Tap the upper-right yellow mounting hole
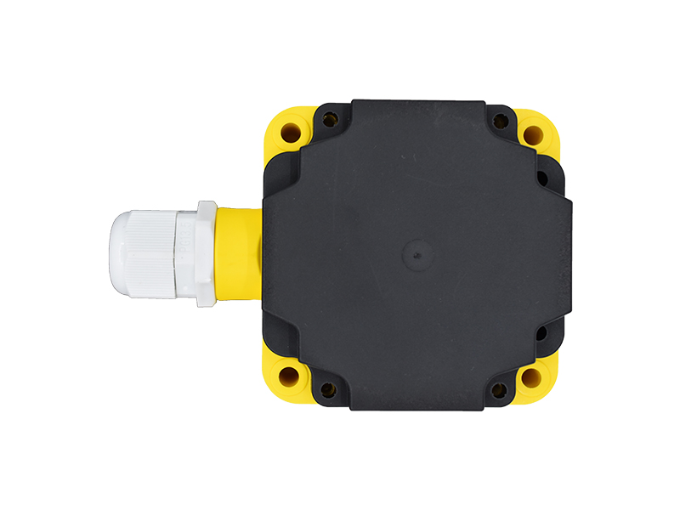(533, 134)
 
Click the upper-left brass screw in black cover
(329, 121)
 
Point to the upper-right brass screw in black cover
(501, 122)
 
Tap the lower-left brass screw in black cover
(328, 389)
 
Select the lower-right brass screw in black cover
(500, 390)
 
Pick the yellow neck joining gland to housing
(238, 252)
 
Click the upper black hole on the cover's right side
(541, 178)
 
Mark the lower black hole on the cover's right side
(541, 333)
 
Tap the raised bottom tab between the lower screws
(415, 399)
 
